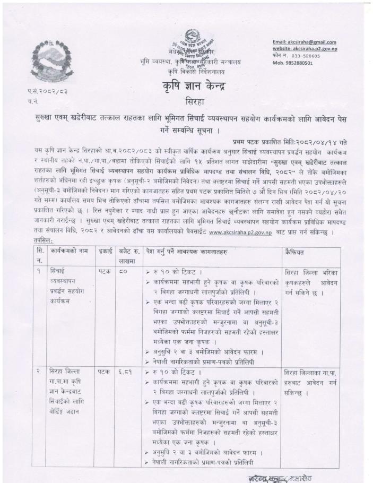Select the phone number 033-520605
pos(306,56)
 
